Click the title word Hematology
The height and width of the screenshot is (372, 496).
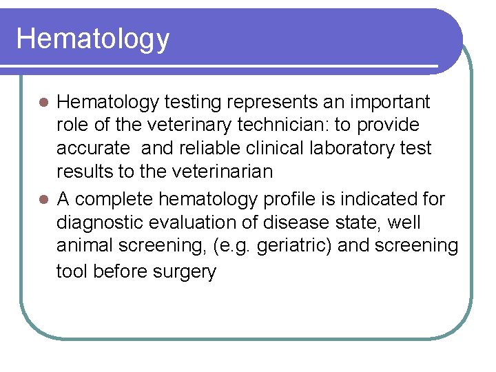pos(92,39)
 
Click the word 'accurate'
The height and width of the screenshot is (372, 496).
pos(93,149)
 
